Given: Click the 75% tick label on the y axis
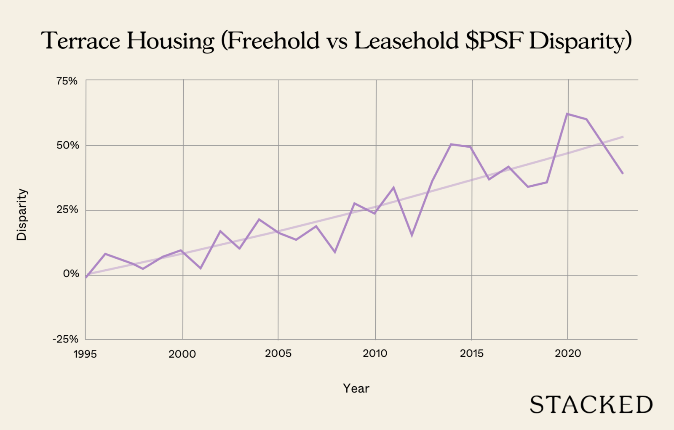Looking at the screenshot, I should point(67,81).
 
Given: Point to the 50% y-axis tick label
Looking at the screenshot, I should point(68,146).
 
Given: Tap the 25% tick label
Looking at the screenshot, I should point(68,210).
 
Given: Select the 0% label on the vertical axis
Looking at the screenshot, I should point(71,274).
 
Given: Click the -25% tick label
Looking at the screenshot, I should point(65,339).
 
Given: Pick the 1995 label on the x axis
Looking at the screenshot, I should point(85,354).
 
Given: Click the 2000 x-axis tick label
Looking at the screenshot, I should point(182,354).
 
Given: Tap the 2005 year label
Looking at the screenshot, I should point(278,353).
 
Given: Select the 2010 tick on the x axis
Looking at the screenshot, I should point(375,353).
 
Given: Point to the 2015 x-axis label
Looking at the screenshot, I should point(471,353).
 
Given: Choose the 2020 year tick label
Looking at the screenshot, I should point(567,353).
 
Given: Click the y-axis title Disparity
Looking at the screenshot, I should point(21,215).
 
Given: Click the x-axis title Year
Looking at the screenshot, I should point(356,388).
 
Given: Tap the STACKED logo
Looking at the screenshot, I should point(591,405).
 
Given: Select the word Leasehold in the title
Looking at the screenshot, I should point(406,41).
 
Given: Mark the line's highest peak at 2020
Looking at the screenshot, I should point(567,114).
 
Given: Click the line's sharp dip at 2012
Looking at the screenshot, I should point(412,235).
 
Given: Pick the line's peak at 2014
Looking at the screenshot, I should point(451,144).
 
